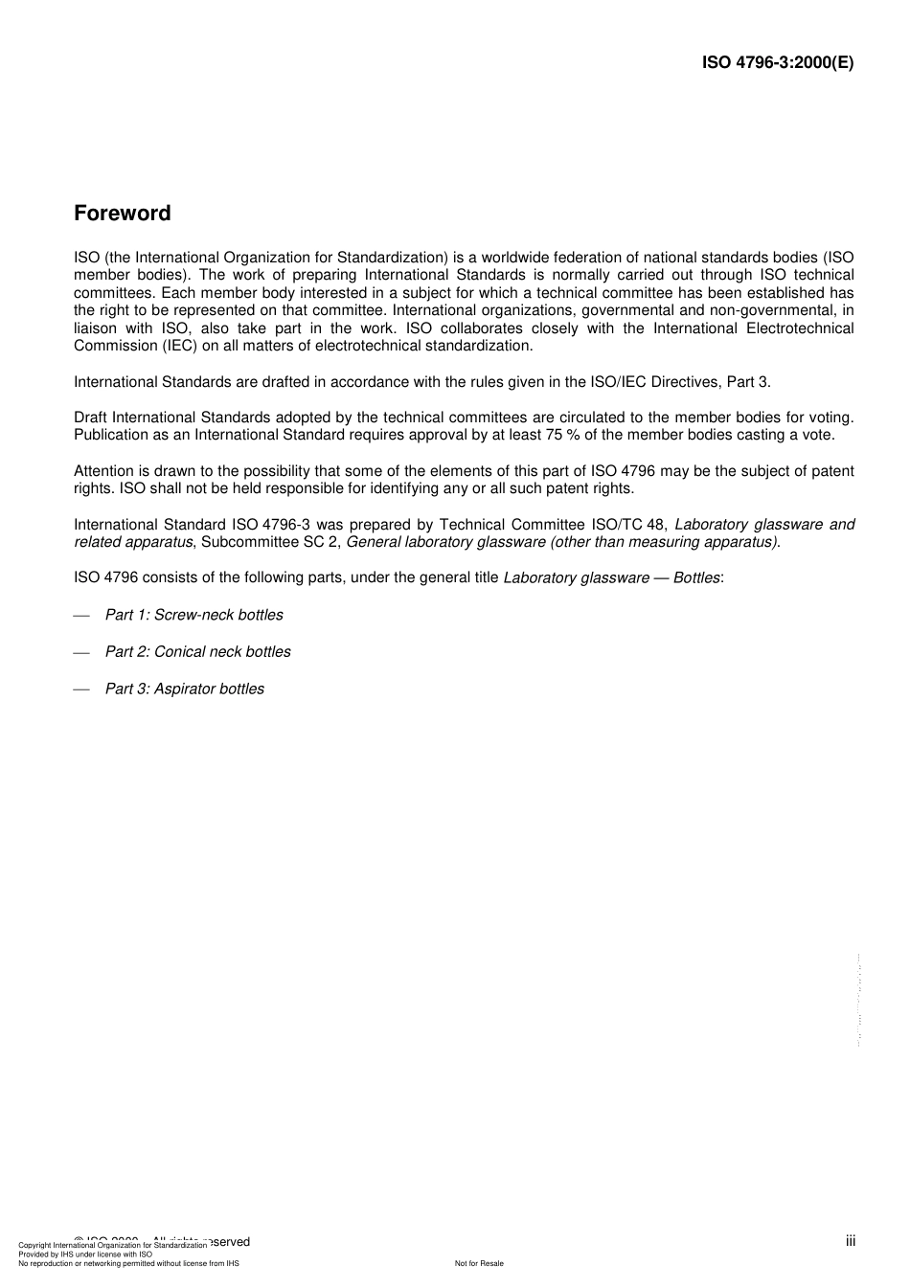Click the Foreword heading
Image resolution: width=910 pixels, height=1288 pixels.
[123, 214]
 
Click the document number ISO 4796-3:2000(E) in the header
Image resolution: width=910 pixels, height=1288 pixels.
[778, 63]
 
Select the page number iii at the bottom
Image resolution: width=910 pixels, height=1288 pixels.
[851, 1241]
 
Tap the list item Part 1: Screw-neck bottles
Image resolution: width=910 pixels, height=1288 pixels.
[193, 615]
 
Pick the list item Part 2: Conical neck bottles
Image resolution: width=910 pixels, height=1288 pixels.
[197, 651]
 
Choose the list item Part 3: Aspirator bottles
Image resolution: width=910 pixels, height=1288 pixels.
[184, 689]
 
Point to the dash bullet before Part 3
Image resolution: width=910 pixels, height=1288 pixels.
[81, 689]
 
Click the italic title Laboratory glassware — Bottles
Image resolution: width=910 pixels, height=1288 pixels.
[612, 578]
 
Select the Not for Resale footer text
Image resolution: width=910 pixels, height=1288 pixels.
[479, 1263]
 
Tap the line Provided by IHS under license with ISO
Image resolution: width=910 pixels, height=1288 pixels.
[85, 1254]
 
